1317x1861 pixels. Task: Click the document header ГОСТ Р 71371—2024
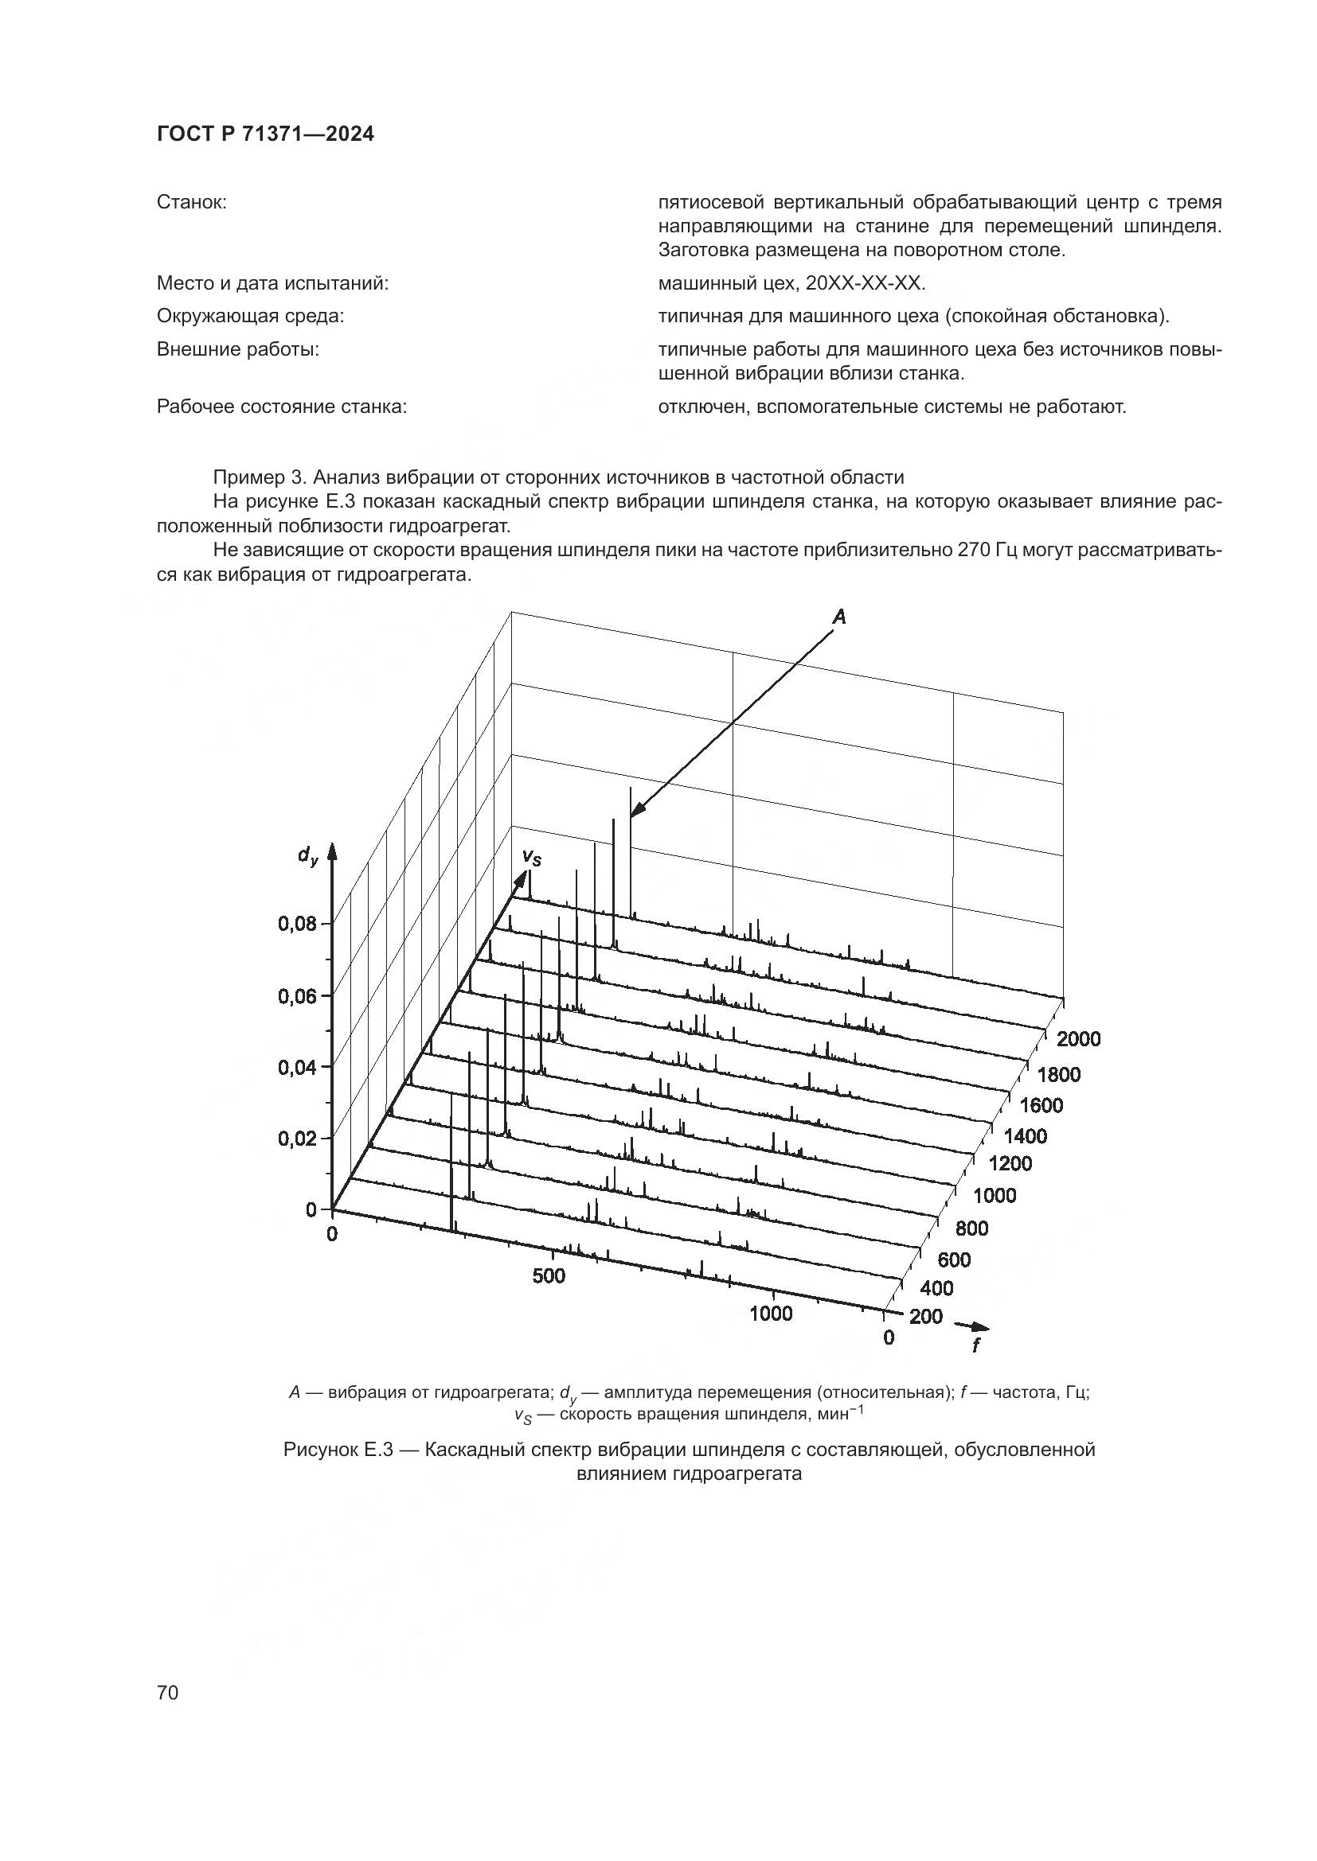pyautogui.click(x=265, y=134)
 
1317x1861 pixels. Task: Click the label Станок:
pyautogui.click(x=191, y=202)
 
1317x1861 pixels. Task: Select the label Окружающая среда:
pyautogui.click(x=250, y=316)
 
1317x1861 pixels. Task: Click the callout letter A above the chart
pyautogui.click(x=839, y=617)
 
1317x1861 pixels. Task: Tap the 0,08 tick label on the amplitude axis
pyautogui.click(x=297, y=924)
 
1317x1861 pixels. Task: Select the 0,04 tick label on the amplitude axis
pyautogui.click(x=297, y=1068)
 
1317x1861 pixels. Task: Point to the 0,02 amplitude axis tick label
pyautogui.click(x=297, y=1139)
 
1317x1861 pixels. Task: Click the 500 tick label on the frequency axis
pyautogui.click(x=549, y=1275)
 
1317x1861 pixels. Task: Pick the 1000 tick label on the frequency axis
pyautogui.click(x=771, y=1314)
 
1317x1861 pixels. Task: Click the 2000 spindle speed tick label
pyautogui.click(x=1079, y=1039)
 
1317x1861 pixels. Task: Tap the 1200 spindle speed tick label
pyautogui.click(x=1011, y=1163)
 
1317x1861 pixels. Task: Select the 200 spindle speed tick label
pyautogui.click(x=926, y=1316)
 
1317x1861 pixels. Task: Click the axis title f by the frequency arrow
pyautogui.click(x=975, y=1345)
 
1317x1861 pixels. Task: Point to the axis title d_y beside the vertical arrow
pyautogui.click(x=307, y=855)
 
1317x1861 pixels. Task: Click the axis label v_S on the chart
pyautogui.click(x=531, y=857)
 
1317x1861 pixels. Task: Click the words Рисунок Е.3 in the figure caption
pyautogui.click(x=337, y=1448)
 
